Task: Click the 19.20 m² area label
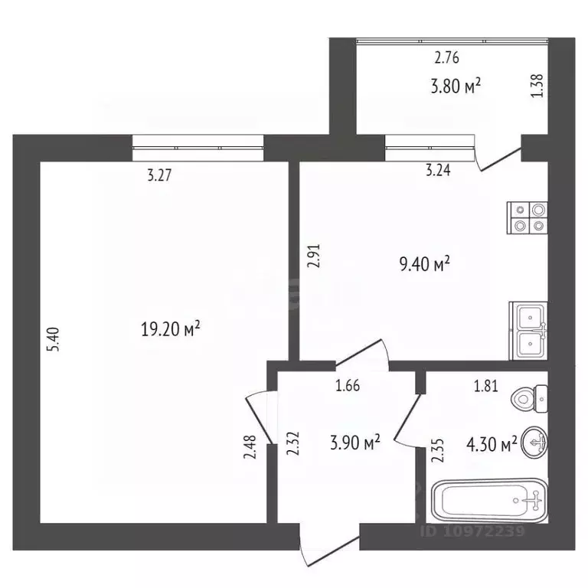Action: pyautogui.click(x=171, y=329)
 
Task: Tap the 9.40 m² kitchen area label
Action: pyautogui.click(x=424, y=263)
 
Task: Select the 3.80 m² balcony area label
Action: pyautogui.click(x=456, y=86)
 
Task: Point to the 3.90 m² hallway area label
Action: pyautogui.click(x=355, y=442)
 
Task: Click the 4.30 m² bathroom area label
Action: pyautogui.click(x=492, y=444)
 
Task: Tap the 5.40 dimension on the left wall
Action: pyautogui.click(x=53, y=339)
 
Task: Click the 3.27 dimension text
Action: pyautogui.click(x=159, y=175)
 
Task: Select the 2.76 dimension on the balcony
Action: pyautogui.click(x=446, y=57)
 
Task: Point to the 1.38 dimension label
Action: pyautogui.click(x=537, y=86)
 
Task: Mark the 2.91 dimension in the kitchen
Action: pyautogui.click(x=313, y=256)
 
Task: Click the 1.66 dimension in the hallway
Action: pyautogui.click(x=348, y=386)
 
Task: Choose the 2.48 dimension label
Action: pyautogui.click(x=250, y=446)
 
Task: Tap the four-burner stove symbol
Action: pyautogui.click(x=528, y=218)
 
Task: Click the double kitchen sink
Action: pyautogui.click(x=528, y=331)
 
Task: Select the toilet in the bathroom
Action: pyautogui.click(x=529, y=399)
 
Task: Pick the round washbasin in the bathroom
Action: pyautogui.click(x=534, y=443)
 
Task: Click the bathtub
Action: pyautogui.click(x=490, y=500)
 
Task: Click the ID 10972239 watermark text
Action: pyautogui.click(x=472, y=531)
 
